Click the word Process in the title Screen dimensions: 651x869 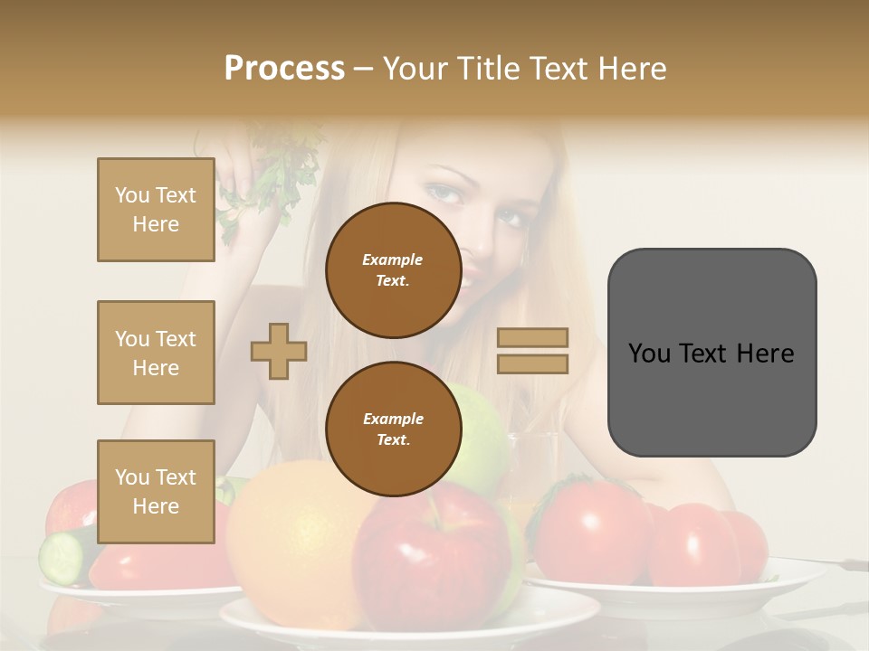pyautogui.click(x=284, y=68)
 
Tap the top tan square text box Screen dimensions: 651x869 pyautogui.click(x=156, y=210)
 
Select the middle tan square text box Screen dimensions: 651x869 pyautogui.click(x=156, y=353)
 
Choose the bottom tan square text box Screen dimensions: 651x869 pyautogui.click(x=156, y=492)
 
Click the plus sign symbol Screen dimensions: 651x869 pyautogui.click(x=279, y=351)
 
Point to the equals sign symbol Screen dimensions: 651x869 pyautogui.click(x=532, y=351)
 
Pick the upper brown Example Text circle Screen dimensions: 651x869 pyautogui.click(x=393, y=269)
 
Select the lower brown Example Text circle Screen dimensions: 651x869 pyautogui.click(x=393, y=429)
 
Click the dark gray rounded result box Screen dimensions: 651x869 pyautogui.click(x=711, y=353)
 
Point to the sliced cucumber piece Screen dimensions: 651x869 pyautogui.click(x=62, y=556)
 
